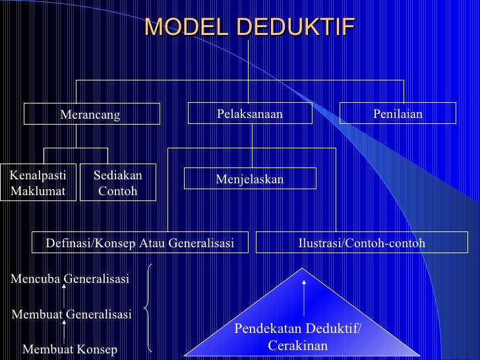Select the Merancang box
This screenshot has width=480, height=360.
92,114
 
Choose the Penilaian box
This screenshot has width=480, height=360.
398,113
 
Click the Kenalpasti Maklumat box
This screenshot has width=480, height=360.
38,183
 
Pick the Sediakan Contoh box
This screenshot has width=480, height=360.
118,183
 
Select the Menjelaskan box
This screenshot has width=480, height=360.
250,179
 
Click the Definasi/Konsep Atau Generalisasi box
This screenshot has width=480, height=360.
140,243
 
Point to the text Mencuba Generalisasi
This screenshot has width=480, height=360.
70,279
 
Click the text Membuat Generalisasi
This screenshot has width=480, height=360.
71,315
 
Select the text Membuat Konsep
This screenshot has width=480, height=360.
70,349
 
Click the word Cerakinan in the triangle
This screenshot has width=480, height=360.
298,345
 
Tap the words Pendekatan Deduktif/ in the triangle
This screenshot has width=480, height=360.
298,329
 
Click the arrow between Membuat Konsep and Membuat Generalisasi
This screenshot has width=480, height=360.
64,332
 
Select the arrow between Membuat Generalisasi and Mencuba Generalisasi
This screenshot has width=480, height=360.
64,296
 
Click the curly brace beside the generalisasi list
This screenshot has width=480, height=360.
149,307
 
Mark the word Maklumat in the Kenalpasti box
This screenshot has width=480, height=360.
38,191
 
